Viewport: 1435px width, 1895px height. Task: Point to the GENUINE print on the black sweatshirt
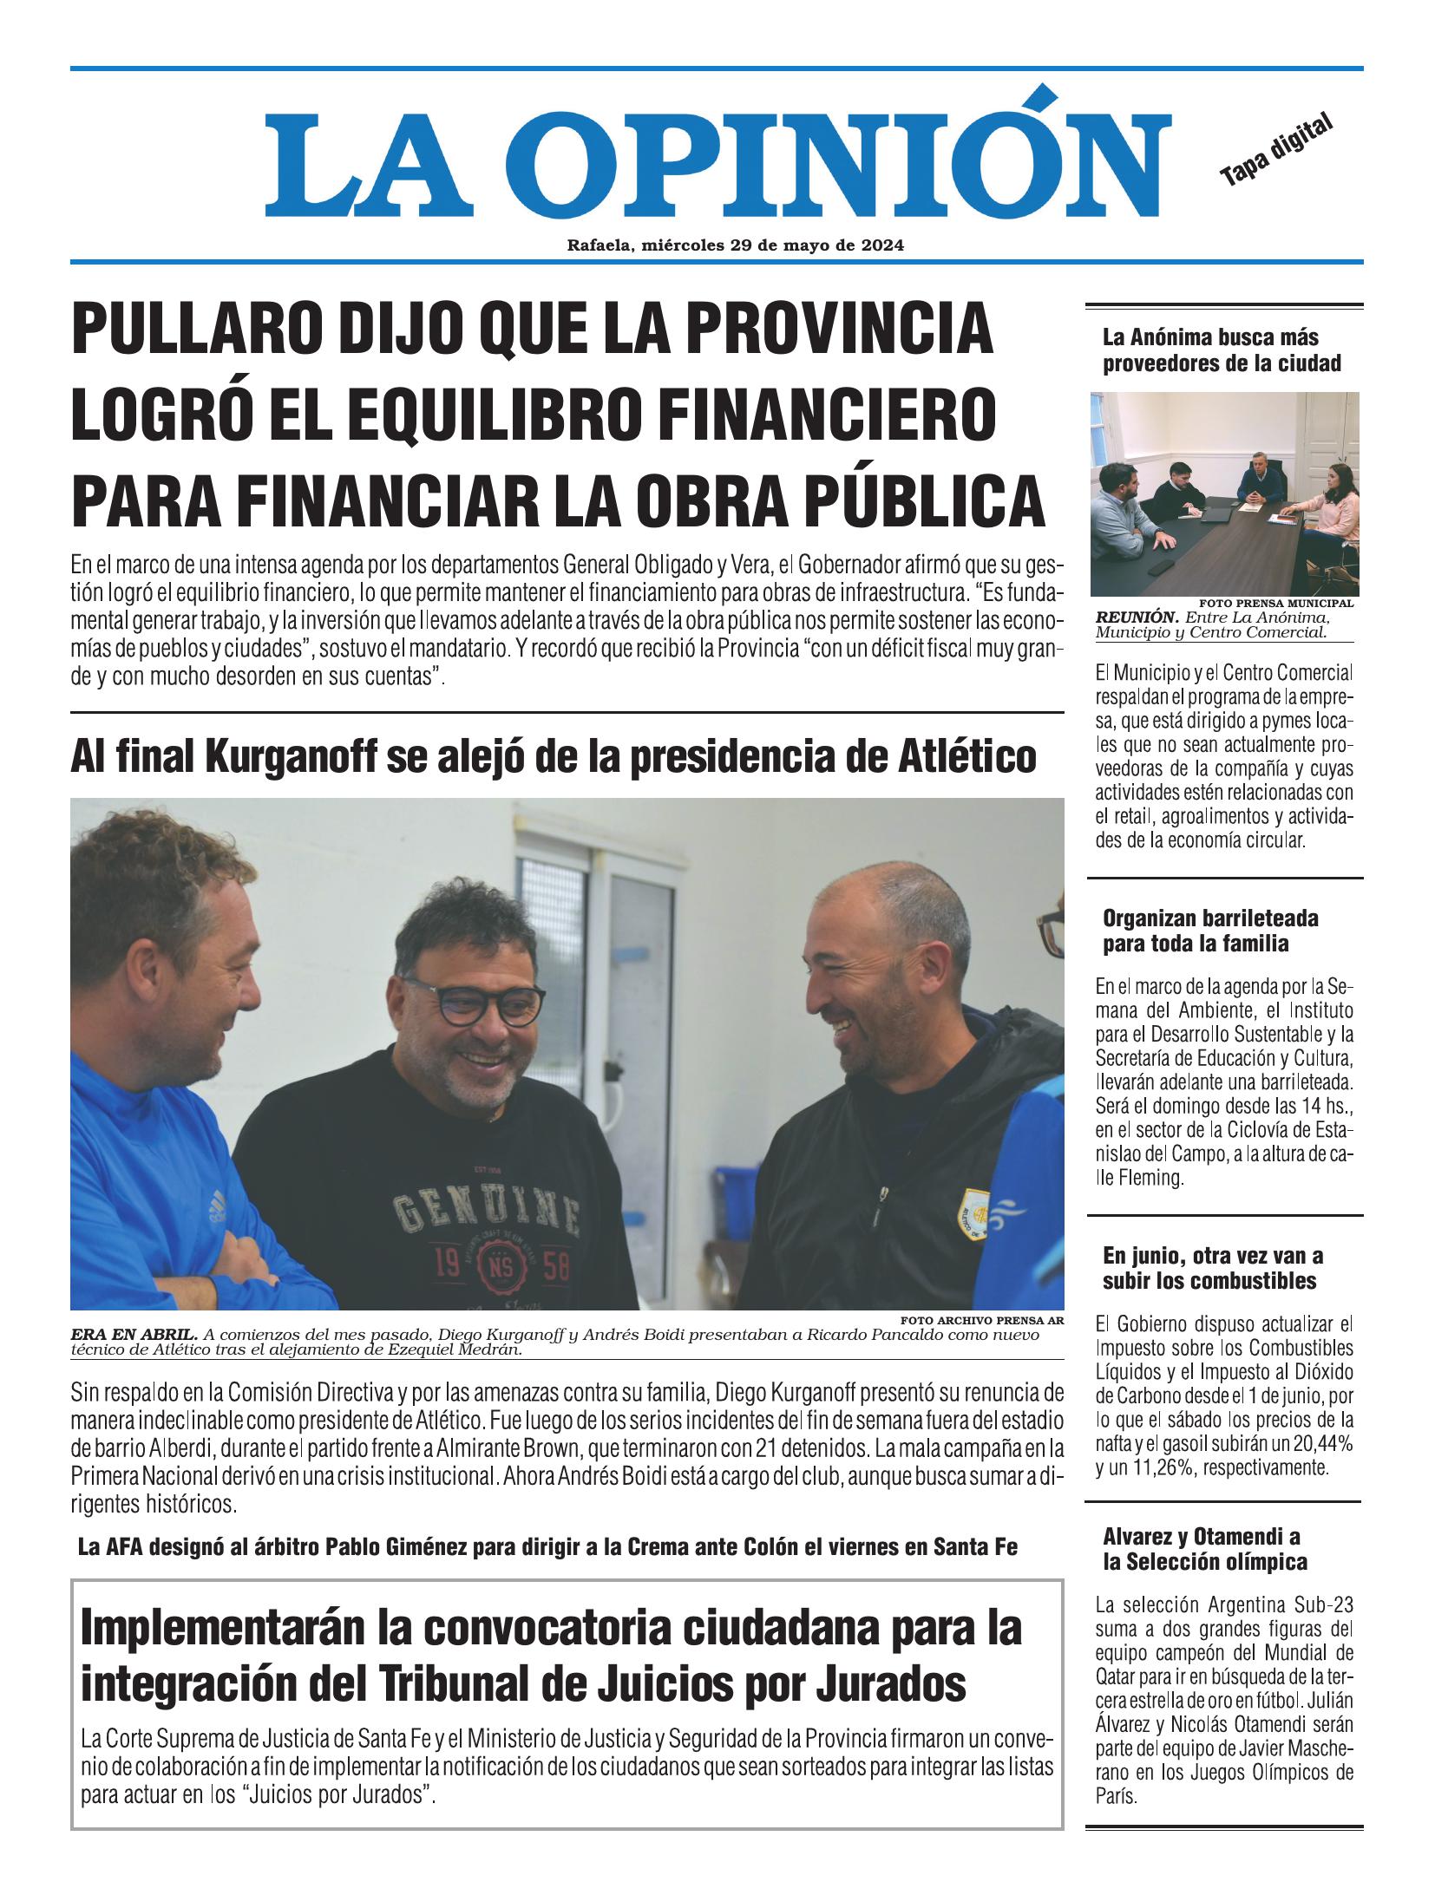tap(484, 1208)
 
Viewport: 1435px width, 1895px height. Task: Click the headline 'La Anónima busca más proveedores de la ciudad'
tap(1222, 350)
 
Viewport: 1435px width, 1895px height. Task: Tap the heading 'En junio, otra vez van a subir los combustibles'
tap(1213, 1267)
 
